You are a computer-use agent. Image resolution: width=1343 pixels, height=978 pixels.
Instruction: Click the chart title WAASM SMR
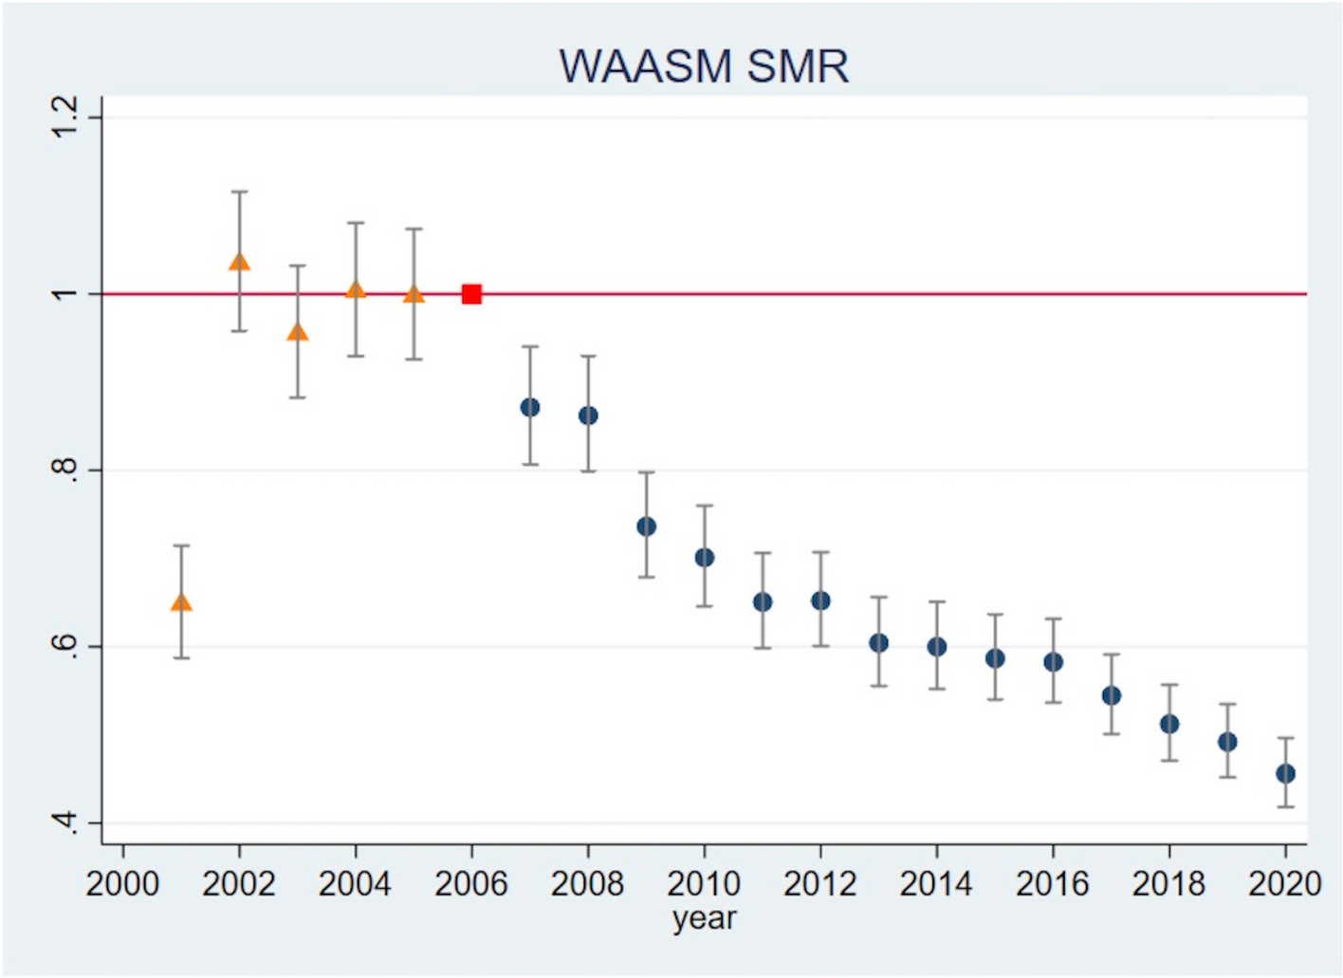tap(704, 66)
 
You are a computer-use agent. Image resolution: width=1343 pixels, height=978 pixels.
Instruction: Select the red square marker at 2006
tap(471, 294)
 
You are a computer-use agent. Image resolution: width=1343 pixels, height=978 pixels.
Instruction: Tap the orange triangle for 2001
tap(181, 602)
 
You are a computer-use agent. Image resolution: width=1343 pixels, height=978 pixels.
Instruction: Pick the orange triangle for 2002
tap(239, 261)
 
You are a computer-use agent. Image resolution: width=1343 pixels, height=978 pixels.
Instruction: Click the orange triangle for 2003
tap(298, 332)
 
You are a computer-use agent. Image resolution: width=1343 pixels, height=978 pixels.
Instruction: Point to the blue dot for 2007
tap(530, 407)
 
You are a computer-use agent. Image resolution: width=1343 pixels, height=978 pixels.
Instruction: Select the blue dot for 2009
tap(646, 526)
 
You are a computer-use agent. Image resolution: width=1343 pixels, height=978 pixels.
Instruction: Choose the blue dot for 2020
tap(1285, 774)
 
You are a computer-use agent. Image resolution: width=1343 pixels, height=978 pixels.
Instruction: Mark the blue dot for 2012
tap(820, 600)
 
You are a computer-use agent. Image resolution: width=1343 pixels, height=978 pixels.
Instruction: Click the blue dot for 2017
tap(1112, 695)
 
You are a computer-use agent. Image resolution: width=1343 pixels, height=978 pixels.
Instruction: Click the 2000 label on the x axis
tap(122, 884)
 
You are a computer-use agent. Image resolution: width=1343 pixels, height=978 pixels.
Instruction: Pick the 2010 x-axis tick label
tap(704, 884)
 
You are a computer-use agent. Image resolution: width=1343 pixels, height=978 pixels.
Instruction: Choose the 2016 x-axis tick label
tap(1053, 884)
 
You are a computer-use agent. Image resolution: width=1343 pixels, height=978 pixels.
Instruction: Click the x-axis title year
tap(704, 918)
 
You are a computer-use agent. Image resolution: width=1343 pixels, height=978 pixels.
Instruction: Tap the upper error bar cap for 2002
tap(239, 192)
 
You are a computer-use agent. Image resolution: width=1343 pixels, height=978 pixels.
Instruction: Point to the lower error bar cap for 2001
tap(181, 658)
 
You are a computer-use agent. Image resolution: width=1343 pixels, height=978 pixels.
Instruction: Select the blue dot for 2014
tap(936, 647)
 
